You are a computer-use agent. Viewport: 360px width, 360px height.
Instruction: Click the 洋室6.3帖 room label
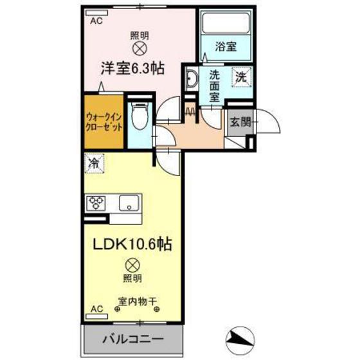pyautogui.click(x=131, y=67)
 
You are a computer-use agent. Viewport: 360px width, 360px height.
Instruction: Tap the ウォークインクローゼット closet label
pyautogui.click(x=104, y=122)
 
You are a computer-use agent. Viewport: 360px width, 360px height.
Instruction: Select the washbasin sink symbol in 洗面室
pyautogui.click(x=191, y=80)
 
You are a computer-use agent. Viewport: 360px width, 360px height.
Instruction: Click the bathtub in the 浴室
pyautogui.click(x=226, y=24)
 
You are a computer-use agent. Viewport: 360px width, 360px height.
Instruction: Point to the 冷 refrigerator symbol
pyautogui.click(x=93, y=164)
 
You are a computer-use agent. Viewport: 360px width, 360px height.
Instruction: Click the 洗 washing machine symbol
pyautogui.click(x=240, y=76)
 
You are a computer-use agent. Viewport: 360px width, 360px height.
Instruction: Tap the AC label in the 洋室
pyautogui.click(x=96, y=20)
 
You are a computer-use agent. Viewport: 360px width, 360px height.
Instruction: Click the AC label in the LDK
pyautogui.click(x=96, y=309)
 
